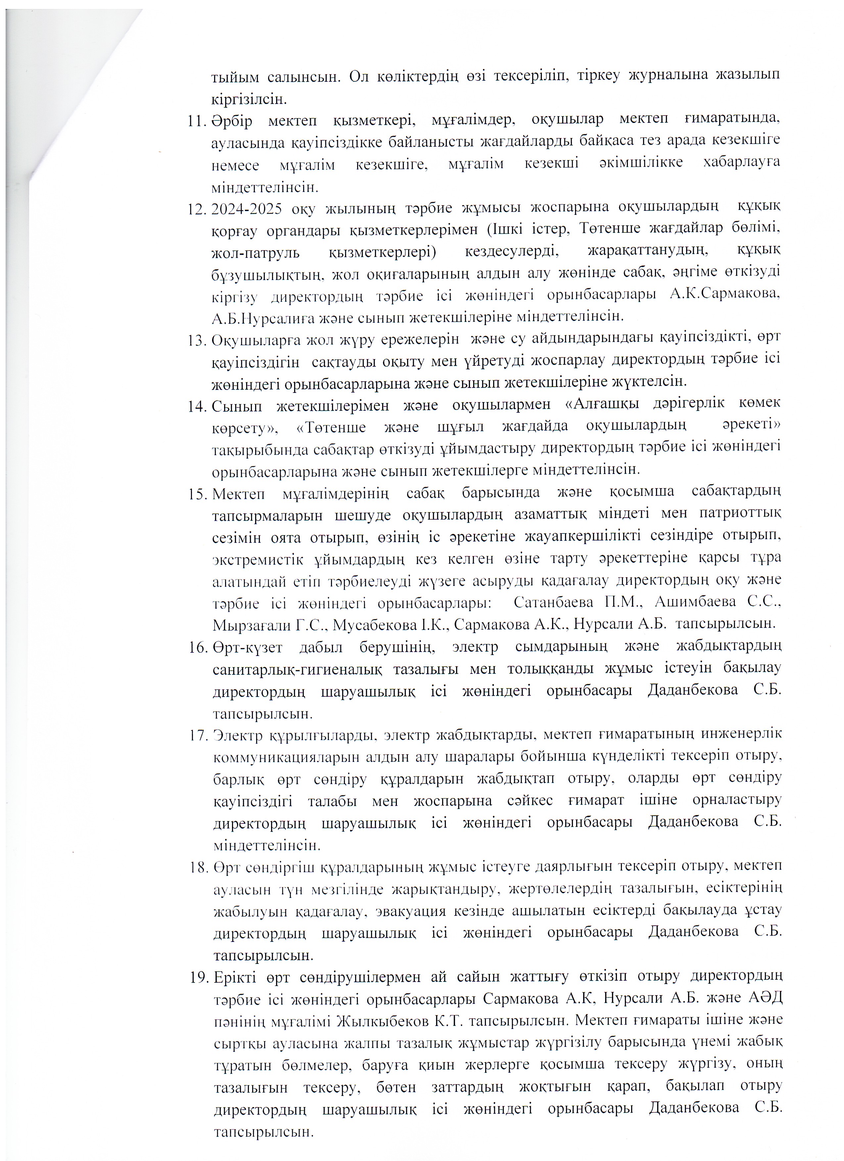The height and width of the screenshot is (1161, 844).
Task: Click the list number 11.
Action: coord(196,121)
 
